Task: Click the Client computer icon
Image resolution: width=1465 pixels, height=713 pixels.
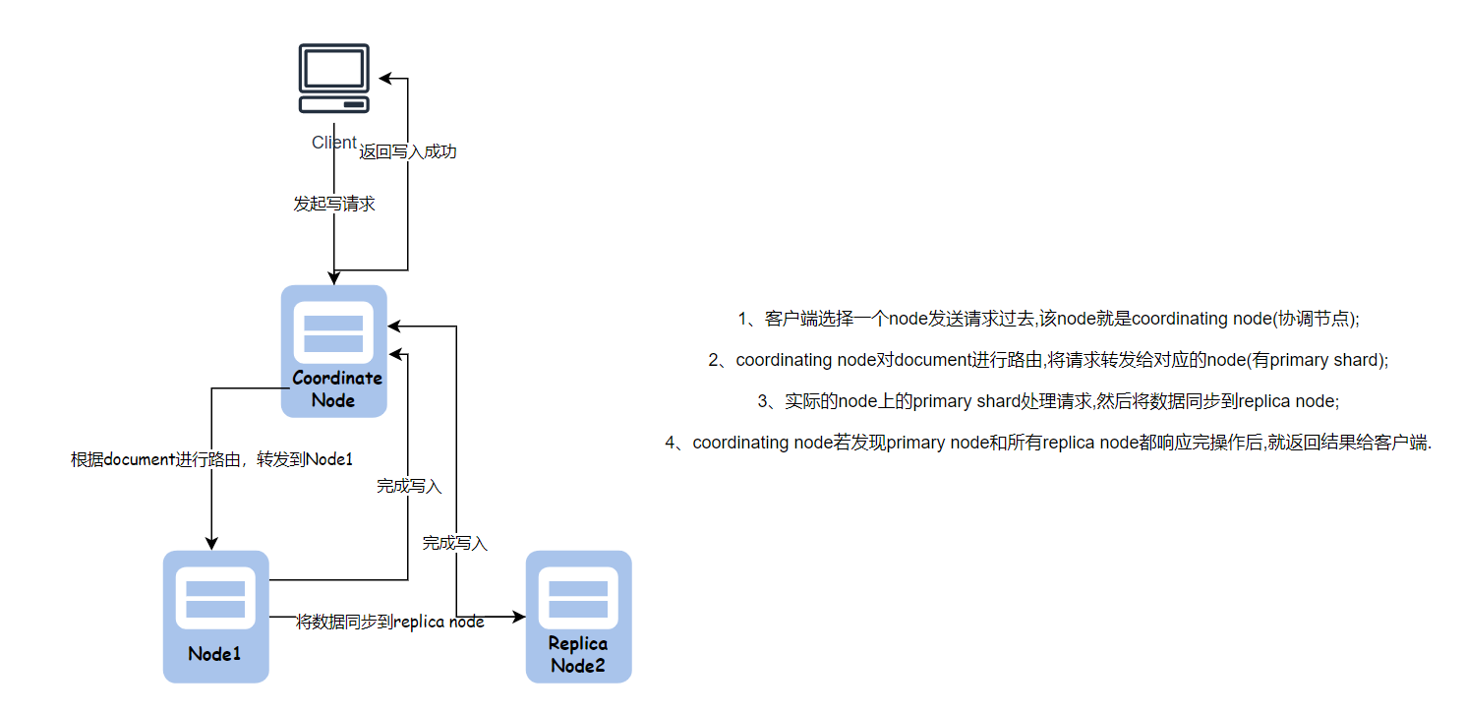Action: pos(334,79)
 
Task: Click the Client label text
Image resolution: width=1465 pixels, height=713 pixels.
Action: pos(333,143)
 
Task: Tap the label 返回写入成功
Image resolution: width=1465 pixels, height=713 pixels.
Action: pos(408,152)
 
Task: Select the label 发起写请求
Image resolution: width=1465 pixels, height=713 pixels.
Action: pos(334,205)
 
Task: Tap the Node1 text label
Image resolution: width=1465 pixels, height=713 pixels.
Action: pos(215,653)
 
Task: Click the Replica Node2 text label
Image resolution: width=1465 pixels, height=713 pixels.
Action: pos(578,654)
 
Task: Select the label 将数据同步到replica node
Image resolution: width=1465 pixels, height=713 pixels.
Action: pos(390,622)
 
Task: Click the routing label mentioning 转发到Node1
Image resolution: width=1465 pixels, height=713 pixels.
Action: pos(211,459)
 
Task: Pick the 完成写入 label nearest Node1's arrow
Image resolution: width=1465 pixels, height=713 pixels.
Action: pos(409,486)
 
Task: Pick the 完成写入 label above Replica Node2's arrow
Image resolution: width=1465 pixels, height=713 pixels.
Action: pos(455,543)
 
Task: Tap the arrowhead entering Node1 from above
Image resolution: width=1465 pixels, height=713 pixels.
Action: pos(210,544)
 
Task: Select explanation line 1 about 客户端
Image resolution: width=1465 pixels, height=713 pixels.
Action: pos(1048,319)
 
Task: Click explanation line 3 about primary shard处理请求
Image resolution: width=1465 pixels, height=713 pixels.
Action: pos(1048,401)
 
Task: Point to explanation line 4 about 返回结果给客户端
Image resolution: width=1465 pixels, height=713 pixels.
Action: pos(1048,443)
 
